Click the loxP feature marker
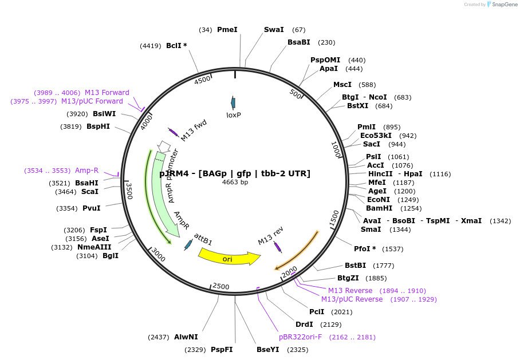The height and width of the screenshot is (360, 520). coord(233,103)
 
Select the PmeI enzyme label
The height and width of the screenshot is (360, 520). coord(227,29)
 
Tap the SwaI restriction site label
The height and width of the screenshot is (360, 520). coord(274,29)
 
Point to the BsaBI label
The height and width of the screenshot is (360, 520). coord(299,42)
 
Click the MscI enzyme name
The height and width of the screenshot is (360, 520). coord(342,85)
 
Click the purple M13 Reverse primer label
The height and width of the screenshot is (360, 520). coord(350,291)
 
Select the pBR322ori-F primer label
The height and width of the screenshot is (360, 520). coord(300,337)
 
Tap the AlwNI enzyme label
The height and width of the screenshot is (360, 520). coord(186,337)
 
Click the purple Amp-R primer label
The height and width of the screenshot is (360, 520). coord(86,171)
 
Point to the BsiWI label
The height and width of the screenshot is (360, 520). coord(104,114)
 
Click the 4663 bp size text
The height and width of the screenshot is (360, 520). coord(235,183)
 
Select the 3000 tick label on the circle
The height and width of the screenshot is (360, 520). coord(159,256)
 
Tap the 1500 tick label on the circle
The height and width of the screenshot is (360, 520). coord(335,217)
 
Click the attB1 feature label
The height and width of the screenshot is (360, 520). coord(203,239)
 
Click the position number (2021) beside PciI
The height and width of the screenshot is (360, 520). coord(342,312)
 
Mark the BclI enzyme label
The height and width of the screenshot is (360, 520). coord(176,45)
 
